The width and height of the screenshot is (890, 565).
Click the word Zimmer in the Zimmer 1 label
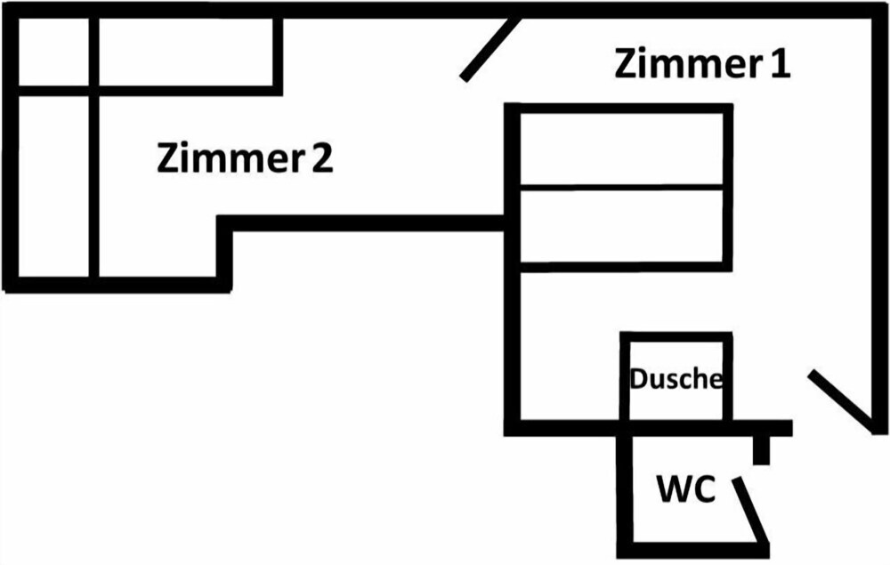click(680, 64)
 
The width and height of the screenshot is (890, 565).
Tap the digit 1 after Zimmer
click(780, 64)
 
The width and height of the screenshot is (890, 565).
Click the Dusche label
click(676, 379)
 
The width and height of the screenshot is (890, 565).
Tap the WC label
click(685, 489)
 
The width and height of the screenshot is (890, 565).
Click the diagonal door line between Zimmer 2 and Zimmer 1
click(489, 49)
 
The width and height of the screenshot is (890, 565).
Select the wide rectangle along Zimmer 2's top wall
click(185, 52)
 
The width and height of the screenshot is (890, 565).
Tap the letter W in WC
click(673, 489)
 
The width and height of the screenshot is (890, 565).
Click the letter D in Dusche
click(638, 379)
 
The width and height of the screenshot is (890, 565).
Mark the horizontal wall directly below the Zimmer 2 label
click(365, 222)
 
